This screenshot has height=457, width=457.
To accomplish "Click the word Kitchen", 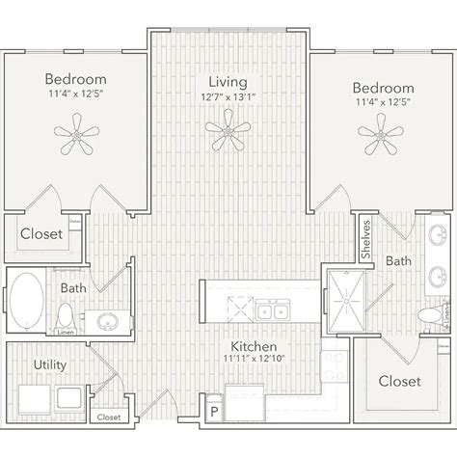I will (255, 345).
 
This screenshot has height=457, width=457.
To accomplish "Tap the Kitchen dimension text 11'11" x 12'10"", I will (255, 360).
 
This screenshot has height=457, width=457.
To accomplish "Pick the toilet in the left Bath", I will (65, 317).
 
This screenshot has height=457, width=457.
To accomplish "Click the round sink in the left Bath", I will (106, 321).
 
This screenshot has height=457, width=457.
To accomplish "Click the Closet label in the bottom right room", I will (399, 381).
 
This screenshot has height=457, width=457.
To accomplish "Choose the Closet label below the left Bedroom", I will (40, 233).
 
